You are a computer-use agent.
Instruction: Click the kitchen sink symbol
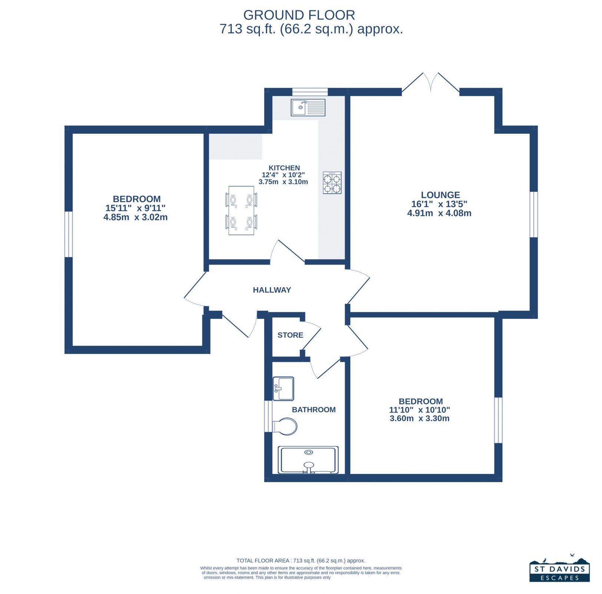click(308, 107)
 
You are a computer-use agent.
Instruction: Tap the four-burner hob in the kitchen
click(332, 183)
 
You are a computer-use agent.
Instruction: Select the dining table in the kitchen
click(241, 210)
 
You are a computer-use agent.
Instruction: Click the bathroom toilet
click(285, 427)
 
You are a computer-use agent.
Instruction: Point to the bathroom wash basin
click(283, 388)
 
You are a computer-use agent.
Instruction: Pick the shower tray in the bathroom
click(308, 460)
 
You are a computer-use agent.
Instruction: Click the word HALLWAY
click(272, 290)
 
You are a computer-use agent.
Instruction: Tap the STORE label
click(290, 335)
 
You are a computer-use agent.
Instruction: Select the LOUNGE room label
click(440, 195)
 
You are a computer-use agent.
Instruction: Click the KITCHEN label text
click(284, 168)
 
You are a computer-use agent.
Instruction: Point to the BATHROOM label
click(314, 410)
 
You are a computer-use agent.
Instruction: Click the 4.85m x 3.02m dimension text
click(135, 217)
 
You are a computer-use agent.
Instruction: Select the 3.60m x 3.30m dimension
click(420, 418)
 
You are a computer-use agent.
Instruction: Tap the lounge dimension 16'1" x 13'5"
click(439, 204)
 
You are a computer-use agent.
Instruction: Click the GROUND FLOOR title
click(299, 15)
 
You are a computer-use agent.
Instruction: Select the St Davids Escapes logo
click(559, 568)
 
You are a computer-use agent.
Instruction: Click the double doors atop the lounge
click(431, 82)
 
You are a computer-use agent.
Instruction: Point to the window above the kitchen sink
click(310, 92)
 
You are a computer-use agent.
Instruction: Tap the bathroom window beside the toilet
click(268, 416)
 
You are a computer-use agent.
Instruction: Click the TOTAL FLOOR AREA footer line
click(301, 561)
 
